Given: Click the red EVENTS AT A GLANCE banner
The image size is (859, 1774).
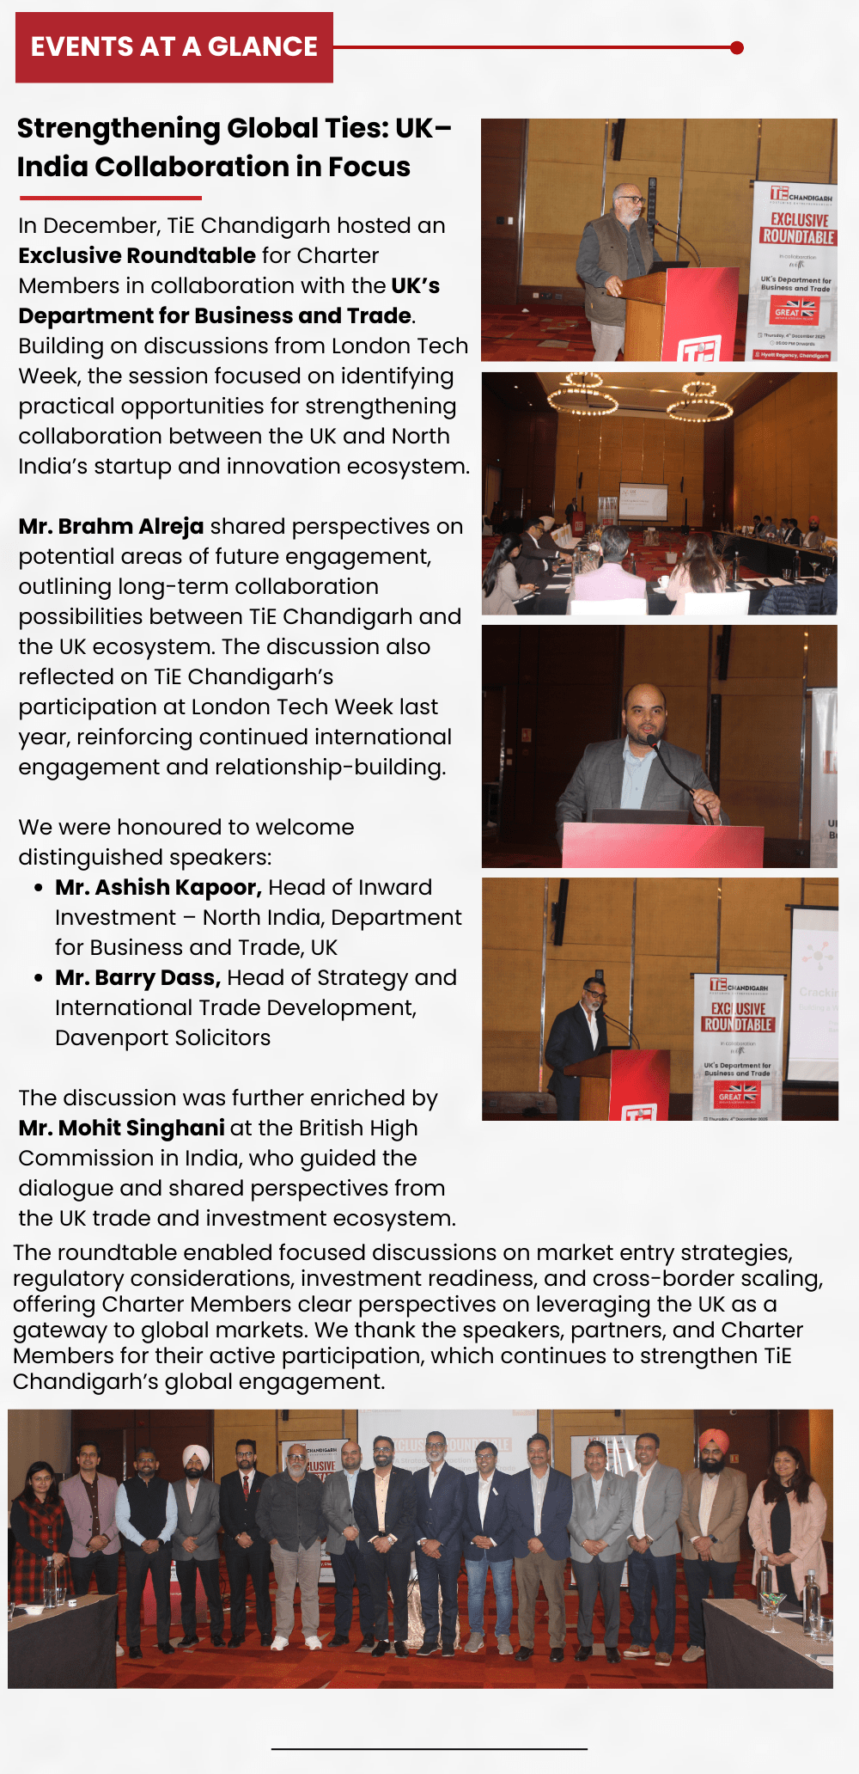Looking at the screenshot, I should click(x=174, y=47).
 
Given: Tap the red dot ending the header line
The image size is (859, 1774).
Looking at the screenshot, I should click(x=736, y=48).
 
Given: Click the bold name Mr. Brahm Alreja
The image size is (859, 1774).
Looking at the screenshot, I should click(x=111, y=526).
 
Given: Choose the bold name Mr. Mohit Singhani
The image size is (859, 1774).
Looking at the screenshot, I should click(x=121, y=1128).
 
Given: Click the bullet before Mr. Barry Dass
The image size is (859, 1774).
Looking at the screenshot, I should click(x=39, y=978).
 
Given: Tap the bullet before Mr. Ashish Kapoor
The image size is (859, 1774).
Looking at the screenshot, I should click(x=39, y=888).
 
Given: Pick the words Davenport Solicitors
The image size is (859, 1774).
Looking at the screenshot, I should click(x=162, y=1037).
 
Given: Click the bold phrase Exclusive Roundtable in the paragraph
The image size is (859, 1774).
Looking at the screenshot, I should click(x=137, y=255).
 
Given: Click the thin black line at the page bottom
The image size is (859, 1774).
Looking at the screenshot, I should click(x=429, y=1748).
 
